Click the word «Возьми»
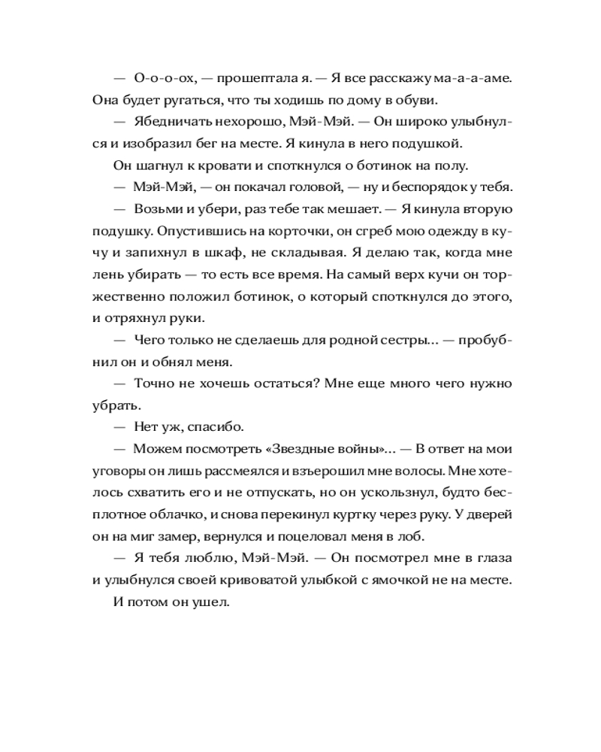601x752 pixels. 157,209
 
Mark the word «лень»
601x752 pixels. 107,274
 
